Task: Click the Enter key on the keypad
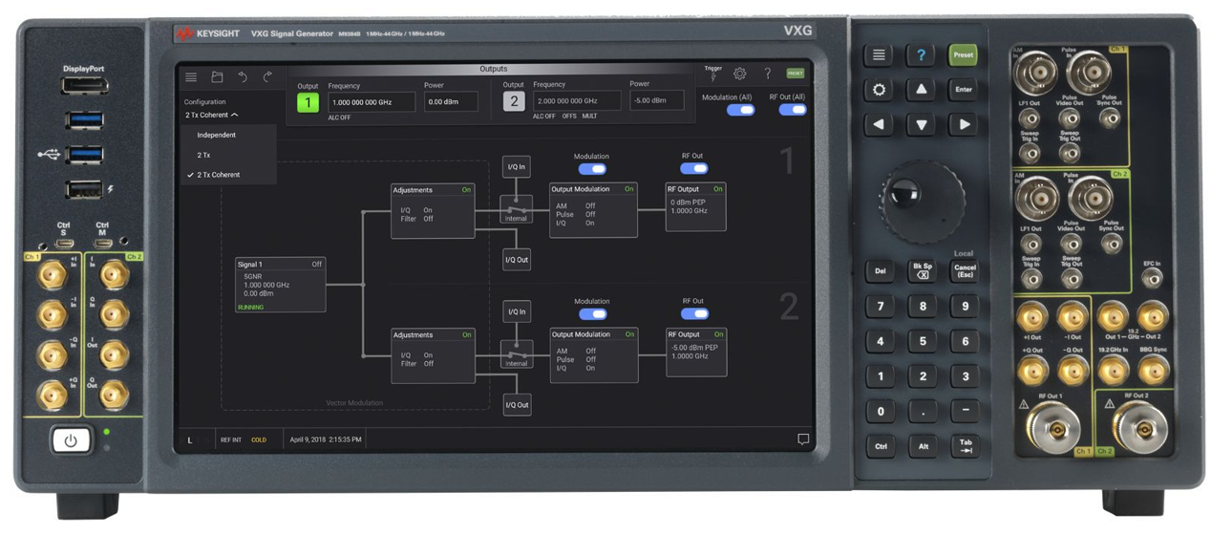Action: (x=963, y=90)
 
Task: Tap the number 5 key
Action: (x=922, y=341)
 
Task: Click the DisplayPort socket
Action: (x=85, y=87)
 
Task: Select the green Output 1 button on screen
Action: (x=308, y=102)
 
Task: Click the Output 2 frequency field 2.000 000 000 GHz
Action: (x=577, y=101)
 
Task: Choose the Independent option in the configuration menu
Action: (x=217, y=135)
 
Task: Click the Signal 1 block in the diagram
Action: (x=281, y=284)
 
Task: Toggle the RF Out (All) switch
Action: (x=792, y=110)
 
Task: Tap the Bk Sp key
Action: (x=922, y=270)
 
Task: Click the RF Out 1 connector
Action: (x=1055, y=428)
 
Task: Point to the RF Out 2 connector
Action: (x=1138, y=427)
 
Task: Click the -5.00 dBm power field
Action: (x=656, y=100)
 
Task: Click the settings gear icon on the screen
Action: (x=739, y=74)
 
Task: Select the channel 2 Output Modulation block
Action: (x=593, y=354)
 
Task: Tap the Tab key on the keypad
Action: (x=965, y=446)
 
